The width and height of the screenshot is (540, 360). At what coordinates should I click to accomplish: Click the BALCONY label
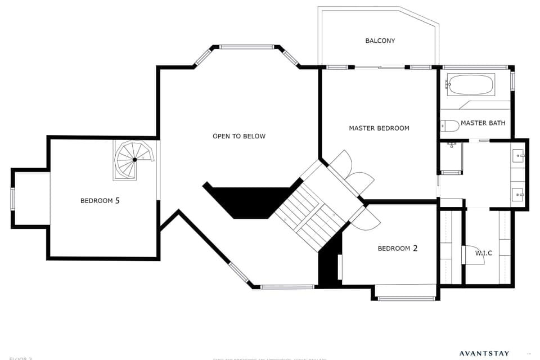point(380,40)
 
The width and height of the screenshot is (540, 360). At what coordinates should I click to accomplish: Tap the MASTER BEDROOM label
point(379,128)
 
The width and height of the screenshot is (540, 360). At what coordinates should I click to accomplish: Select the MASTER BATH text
point(483,123)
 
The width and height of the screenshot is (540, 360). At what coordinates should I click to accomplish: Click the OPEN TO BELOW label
point(239,136)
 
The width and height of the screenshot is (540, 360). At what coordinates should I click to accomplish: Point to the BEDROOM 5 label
point(100,200)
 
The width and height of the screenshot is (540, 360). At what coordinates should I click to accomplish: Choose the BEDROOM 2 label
point(397,248)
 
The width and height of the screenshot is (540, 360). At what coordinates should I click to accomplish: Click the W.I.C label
point(483,253)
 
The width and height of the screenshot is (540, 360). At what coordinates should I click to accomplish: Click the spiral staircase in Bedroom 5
point(134,160)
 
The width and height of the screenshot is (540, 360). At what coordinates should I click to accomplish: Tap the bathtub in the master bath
point(470,85)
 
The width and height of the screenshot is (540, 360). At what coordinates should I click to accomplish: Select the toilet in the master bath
point(449,125)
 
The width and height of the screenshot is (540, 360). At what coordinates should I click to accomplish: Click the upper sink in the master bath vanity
point(519,155)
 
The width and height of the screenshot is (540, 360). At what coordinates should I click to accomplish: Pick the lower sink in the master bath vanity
point(519,195)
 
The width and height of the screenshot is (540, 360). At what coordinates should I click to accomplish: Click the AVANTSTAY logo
point(484,354)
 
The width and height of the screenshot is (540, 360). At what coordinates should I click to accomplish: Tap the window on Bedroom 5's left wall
point(12,199)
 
